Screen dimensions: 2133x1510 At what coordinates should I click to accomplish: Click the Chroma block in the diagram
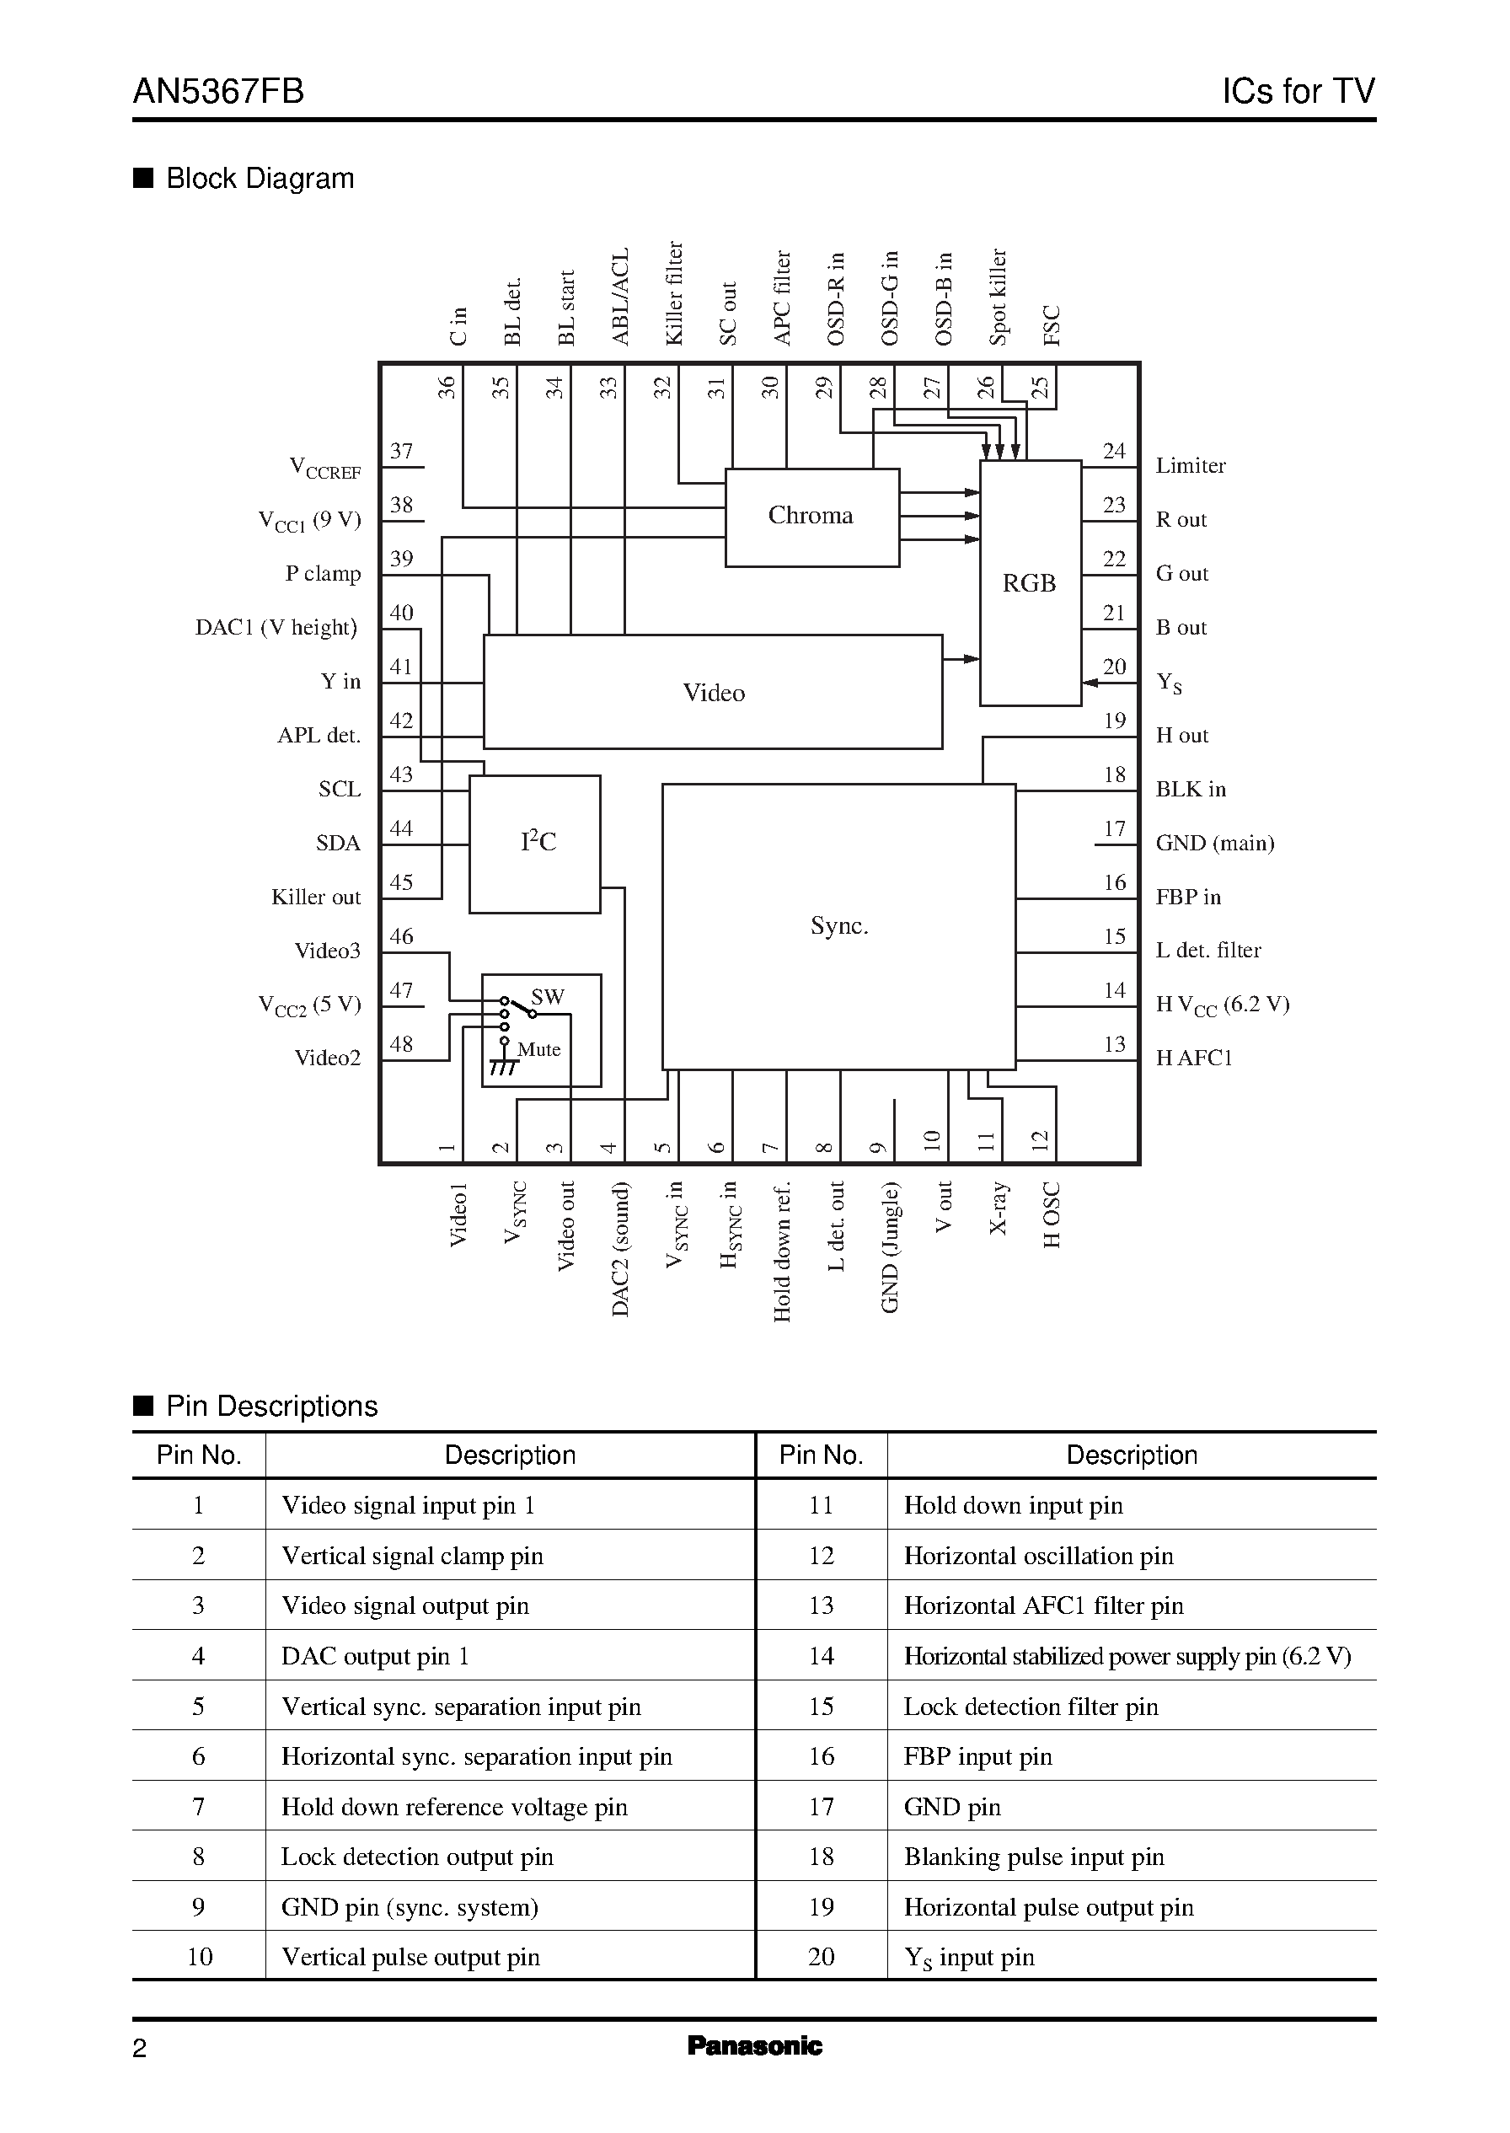pyautogui.click(x=811, y=516)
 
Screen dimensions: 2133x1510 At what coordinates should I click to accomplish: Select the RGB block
pyautogui.click(x=1030, y=583)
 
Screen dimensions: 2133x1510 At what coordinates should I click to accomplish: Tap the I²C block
pyautogui.click(x=536, y=843)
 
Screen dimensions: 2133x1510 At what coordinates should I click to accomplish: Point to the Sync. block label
pyautogui.click(x=838, y=925)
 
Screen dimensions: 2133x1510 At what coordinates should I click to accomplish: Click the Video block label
pyautogui.click(x=713, y=693)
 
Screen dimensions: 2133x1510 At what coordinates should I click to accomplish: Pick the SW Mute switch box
pyautogui.click(x=541, y=1029)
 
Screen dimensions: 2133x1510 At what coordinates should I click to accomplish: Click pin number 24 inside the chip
pyautogui.click(x=1114, y=451)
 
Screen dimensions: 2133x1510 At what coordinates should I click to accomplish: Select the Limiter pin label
pyautogui.click(x=1190, y=465)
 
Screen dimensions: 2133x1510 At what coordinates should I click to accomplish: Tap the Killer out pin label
pyautogui.click(x=315, y=898)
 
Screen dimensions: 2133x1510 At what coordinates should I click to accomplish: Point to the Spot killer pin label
pyautogui.click(x=998, y=297)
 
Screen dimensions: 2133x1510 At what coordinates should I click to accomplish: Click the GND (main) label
pyautogui.click(x=1214, y=844)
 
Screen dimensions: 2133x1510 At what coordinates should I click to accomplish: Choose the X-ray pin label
pyautogui.click(x=998, y=1208)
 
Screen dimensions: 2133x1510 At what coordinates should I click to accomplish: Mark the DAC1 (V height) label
pyautogui.click(x=276, y=628)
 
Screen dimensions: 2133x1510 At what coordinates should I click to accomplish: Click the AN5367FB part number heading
pyautogui.click(x=218, y=91)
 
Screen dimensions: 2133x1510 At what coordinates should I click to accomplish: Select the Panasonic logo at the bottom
pyautogui.click(x=754, y=2045)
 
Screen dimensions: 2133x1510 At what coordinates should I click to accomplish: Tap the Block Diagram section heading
pyautogui.click(x=260, y=179)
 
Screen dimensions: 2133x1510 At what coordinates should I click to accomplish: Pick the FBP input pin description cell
pyautogui.click(x=977, y=1755)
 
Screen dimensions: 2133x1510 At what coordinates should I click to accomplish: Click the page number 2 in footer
pyautogui.click(x=140, y=2049)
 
